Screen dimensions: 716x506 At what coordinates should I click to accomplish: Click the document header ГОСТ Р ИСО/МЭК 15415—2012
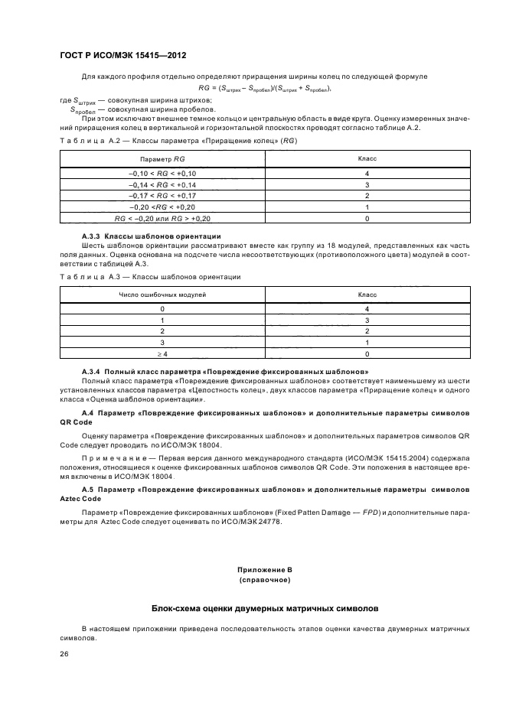pyautogui.click(x=123, y=57)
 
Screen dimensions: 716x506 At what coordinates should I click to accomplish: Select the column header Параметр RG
pyautogui.click(x=162, y=158)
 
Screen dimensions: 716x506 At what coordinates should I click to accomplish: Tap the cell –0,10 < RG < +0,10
pyautogui.click(x=162, y=174)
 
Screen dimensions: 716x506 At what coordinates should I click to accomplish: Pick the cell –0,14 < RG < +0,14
pyautogui.click(x=162, y=185)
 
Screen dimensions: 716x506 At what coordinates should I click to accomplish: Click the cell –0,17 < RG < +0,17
pyautogui.click(x=162, y=196)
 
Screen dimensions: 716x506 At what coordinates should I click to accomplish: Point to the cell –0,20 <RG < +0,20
pyautogui.click(x=162, y=207)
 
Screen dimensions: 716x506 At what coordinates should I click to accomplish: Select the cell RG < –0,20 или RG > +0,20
pyautogui.click(x=162, y=218)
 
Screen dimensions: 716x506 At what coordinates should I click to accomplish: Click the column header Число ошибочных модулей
pyautogui.click(x=162, y=294)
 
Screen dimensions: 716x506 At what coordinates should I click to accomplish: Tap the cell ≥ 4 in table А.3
pyautogui.click(x=162, y=354)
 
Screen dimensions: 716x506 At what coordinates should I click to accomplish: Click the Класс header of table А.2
pyautogui.click(x=367, y=158)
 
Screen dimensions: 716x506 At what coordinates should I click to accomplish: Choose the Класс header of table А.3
pyautogui.click(x=367, y=294)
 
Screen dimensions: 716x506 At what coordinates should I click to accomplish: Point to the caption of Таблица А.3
pyautogui.click(x=150, y=276)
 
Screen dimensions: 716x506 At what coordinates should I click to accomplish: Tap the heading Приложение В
pyautogui.click(x=264, y=570)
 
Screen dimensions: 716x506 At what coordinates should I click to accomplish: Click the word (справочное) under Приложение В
pyautogui.click(x=264, y=580)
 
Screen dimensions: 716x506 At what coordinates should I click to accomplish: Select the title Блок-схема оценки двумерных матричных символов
pyautogui.click(x=264, y=610)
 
